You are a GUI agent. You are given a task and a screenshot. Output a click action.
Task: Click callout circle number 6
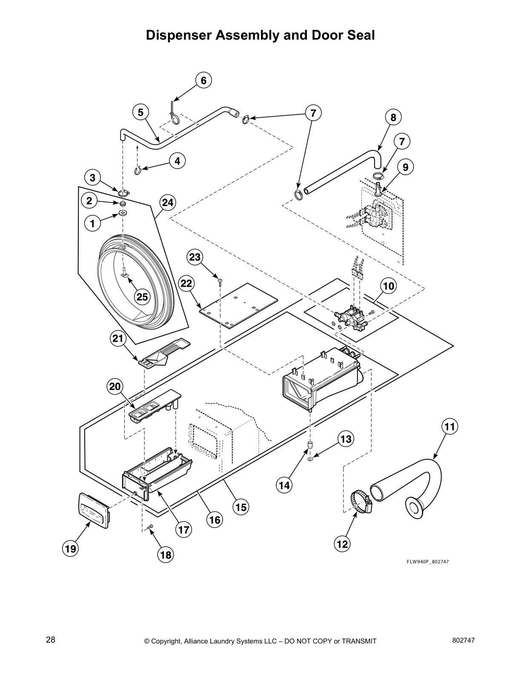tap(203, 81)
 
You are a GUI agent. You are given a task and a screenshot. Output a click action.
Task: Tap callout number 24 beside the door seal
tap(168, 203)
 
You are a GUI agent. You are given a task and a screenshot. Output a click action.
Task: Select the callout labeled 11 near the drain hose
tap(449, 426)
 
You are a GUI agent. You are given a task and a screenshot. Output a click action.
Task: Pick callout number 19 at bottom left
tap(71, 549)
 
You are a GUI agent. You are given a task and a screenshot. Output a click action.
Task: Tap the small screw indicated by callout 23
tap(220, 280)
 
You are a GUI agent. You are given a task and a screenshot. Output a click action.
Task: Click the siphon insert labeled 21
tap(164, 353)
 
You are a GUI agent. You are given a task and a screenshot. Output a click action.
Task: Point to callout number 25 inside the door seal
tap(142, 297)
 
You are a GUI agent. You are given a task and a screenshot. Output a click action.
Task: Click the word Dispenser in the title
tap(179, 35)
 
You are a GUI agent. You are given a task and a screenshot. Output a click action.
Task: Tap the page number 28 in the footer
tap(50, 640)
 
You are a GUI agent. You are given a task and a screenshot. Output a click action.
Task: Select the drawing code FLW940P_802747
tap(427, 562)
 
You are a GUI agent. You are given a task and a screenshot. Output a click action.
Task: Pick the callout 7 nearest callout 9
tap(402, 141)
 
